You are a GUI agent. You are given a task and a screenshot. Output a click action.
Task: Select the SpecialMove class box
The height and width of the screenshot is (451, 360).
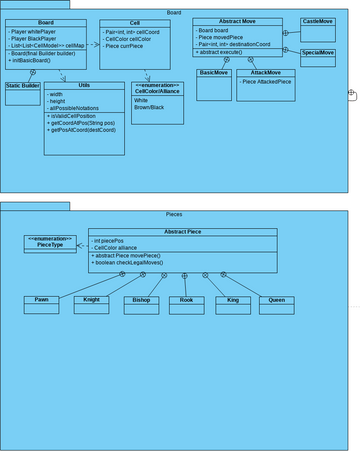pyautogui.click(x=317, y=54)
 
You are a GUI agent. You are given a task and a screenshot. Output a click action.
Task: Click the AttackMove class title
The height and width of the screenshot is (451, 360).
pyautogui.click(x=259, y=73)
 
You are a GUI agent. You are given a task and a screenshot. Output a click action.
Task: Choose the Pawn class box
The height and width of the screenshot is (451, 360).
pyautogui.click(x=42, y=304)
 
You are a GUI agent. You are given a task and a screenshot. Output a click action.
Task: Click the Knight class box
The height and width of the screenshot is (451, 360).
pyautogui.click(x=91, y=304)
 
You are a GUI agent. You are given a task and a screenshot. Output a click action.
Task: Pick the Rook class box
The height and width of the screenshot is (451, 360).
pyautogui.click(x=186, y=304)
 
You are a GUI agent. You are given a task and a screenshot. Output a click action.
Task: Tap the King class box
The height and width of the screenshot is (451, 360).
pyautogui.click(x=232, y=304)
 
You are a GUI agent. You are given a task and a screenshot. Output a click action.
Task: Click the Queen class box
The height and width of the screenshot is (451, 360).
pyautogui.click(x=277, y=304)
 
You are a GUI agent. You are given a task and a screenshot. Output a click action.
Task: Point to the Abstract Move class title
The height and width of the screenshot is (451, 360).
pyautogui.click(x=231, y=21)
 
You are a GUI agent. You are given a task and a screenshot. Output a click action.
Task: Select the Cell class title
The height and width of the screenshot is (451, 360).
pyautogui.click(x=135, y=22)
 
